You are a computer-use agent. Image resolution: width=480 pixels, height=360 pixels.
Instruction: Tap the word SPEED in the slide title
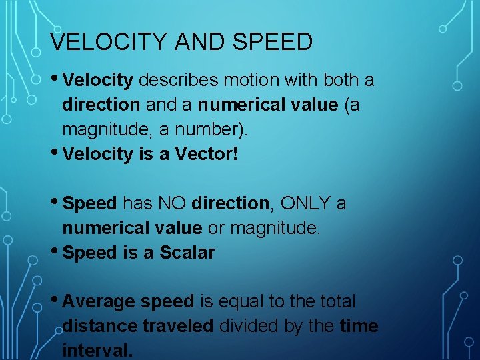(x=273, y=42)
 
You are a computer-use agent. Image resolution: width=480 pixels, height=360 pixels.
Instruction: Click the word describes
(x=178, y=81)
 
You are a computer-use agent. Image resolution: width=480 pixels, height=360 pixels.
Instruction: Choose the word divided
(x=252, y=326)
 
